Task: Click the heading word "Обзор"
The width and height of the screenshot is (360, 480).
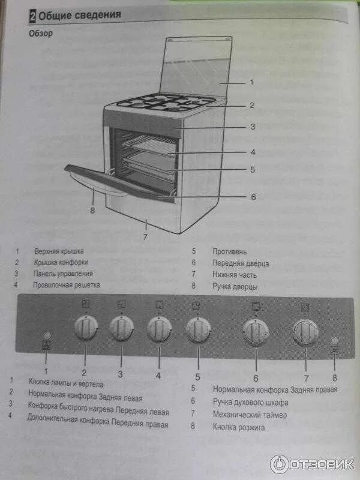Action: click(x=41, y=34)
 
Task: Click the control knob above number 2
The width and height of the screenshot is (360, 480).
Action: click(x=85, y=329)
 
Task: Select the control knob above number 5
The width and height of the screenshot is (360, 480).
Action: click(x=197, y=329)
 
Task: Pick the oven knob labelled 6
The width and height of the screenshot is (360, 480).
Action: click(x=256, y=332)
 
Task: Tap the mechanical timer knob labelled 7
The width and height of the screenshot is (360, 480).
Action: click(x=305, y=331)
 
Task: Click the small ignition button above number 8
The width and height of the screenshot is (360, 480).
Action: click(x=334, y=340)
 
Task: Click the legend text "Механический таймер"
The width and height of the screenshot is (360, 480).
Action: click(x=250, y=414)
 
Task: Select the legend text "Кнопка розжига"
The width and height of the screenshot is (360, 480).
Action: click(x=238, y=427)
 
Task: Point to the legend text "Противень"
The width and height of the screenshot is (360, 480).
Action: click(x=229, y=252)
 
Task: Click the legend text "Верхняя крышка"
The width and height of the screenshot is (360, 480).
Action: click(x=58, y=251)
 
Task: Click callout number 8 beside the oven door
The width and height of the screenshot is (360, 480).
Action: click(x=92, y=211)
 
